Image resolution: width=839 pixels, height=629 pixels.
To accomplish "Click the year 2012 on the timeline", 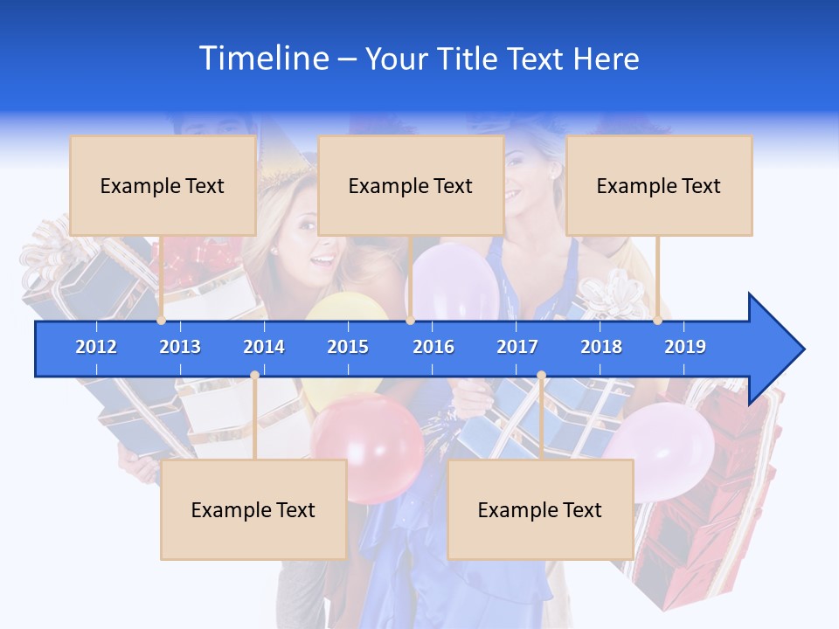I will coord(96,347).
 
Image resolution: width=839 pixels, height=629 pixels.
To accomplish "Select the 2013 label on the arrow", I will coord(180,347).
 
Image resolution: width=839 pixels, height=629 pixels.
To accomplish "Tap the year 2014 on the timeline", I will coord(264,347).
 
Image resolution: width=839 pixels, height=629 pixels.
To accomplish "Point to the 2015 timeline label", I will coord(348,347).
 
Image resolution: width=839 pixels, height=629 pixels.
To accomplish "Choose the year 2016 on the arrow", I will coord(433,347).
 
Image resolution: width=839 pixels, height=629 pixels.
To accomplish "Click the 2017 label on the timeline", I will coord(517,347).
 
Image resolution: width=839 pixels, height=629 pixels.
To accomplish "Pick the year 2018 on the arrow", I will coord(601,347).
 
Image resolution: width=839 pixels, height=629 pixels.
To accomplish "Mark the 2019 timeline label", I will coord(685,347).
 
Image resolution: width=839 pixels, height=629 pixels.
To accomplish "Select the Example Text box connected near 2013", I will coord(163,185).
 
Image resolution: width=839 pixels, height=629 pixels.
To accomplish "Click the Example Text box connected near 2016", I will coord(411,185).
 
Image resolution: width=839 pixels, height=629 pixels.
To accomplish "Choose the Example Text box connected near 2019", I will coord(659,185).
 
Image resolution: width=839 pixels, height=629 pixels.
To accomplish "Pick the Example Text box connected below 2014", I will coord(253,509).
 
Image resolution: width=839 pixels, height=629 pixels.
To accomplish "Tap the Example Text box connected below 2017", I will coord(540,509).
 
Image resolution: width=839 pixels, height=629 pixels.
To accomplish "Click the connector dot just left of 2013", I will coord(162,321).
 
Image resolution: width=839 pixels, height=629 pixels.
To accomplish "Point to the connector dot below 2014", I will coord(254,375).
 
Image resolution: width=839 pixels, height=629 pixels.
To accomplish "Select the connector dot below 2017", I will coord(541,375).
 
